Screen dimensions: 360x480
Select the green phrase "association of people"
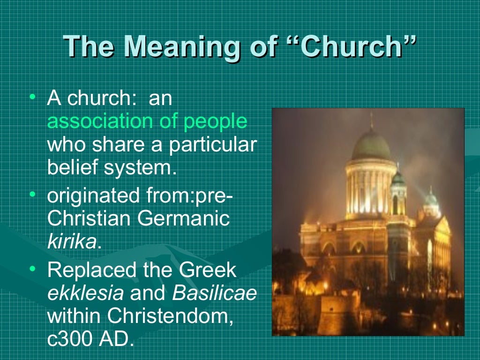147,121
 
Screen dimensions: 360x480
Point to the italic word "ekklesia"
85,294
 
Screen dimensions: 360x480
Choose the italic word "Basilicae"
215,294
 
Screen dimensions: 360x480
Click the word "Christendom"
171,316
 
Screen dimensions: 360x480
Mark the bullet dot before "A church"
32,97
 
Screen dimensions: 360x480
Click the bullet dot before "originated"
32,194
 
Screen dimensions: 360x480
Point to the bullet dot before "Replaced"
32,270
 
